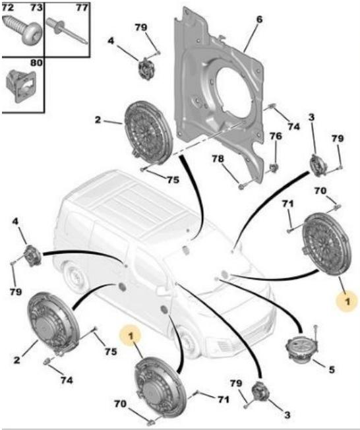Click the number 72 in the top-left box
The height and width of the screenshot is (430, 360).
click(x=7, y=7)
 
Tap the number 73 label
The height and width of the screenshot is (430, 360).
click(x=36, y=7)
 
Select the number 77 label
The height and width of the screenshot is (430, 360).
click(x=82, y=7)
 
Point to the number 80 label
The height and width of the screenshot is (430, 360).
click(x=36, y=63)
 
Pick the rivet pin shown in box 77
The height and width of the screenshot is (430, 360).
click(x=67, y=30)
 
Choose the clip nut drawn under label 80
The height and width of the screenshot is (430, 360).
click(x=21, y=85)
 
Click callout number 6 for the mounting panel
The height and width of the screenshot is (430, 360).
click(x=259, y=20)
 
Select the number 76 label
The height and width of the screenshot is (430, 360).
click(x=276, y=136)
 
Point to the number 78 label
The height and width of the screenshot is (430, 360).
click(x=218, y=159)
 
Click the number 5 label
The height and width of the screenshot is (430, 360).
click(x=332, y=370)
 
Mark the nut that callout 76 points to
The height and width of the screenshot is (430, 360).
click(x=273, y=167)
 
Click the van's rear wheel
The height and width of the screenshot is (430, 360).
click(x=73, y=278)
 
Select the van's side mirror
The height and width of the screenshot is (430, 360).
click(x=162, y=291)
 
